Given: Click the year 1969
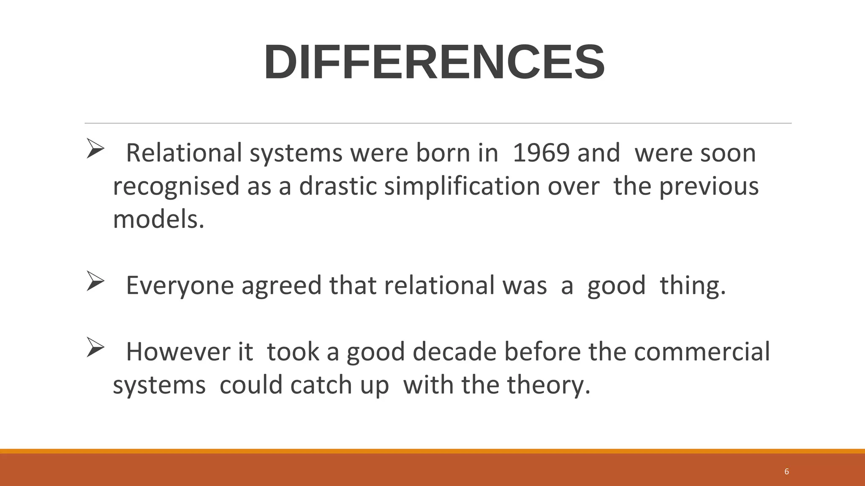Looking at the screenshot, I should tap(541, 153).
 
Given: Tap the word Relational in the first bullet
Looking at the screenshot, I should tap(184, 153).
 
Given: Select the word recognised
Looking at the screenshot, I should tap(176, 186).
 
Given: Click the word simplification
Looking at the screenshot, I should tap(462, 186).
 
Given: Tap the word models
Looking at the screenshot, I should tap(158, 219).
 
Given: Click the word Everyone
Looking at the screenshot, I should tap(180, 285).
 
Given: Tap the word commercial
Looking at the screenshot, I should tap(702, 351).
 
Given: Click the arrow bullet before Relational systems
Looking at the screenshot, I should tap(95, 148).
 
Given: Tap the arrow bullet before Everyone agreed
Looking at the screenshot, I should tap(95, 281).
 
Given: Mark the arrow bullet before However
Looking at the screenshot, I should tap(95, 347).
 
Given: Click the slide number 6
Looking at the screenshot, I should tap(786, 472).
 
